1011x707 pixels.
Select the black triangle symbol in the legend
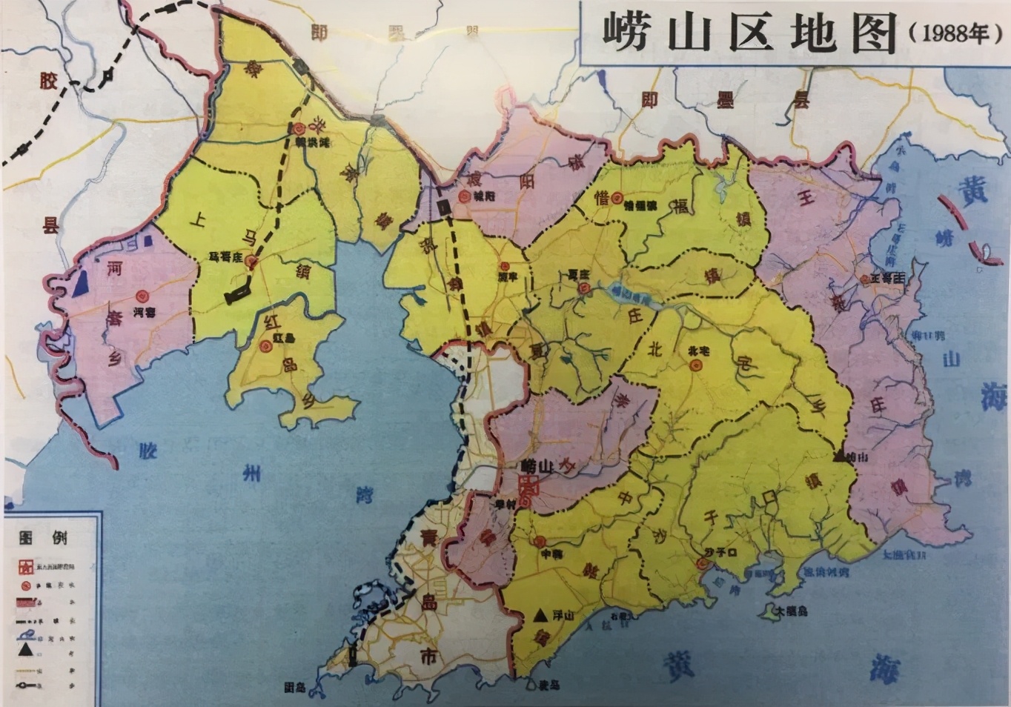[27, 650]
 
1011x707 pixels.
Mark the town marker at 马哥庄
[251, 261]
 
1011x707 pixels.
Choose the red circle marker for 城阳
[463, 197]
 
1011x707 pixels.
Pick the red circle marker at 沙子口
[701, 565]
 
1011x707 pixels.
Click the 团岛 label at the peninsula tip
[294, 687]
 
